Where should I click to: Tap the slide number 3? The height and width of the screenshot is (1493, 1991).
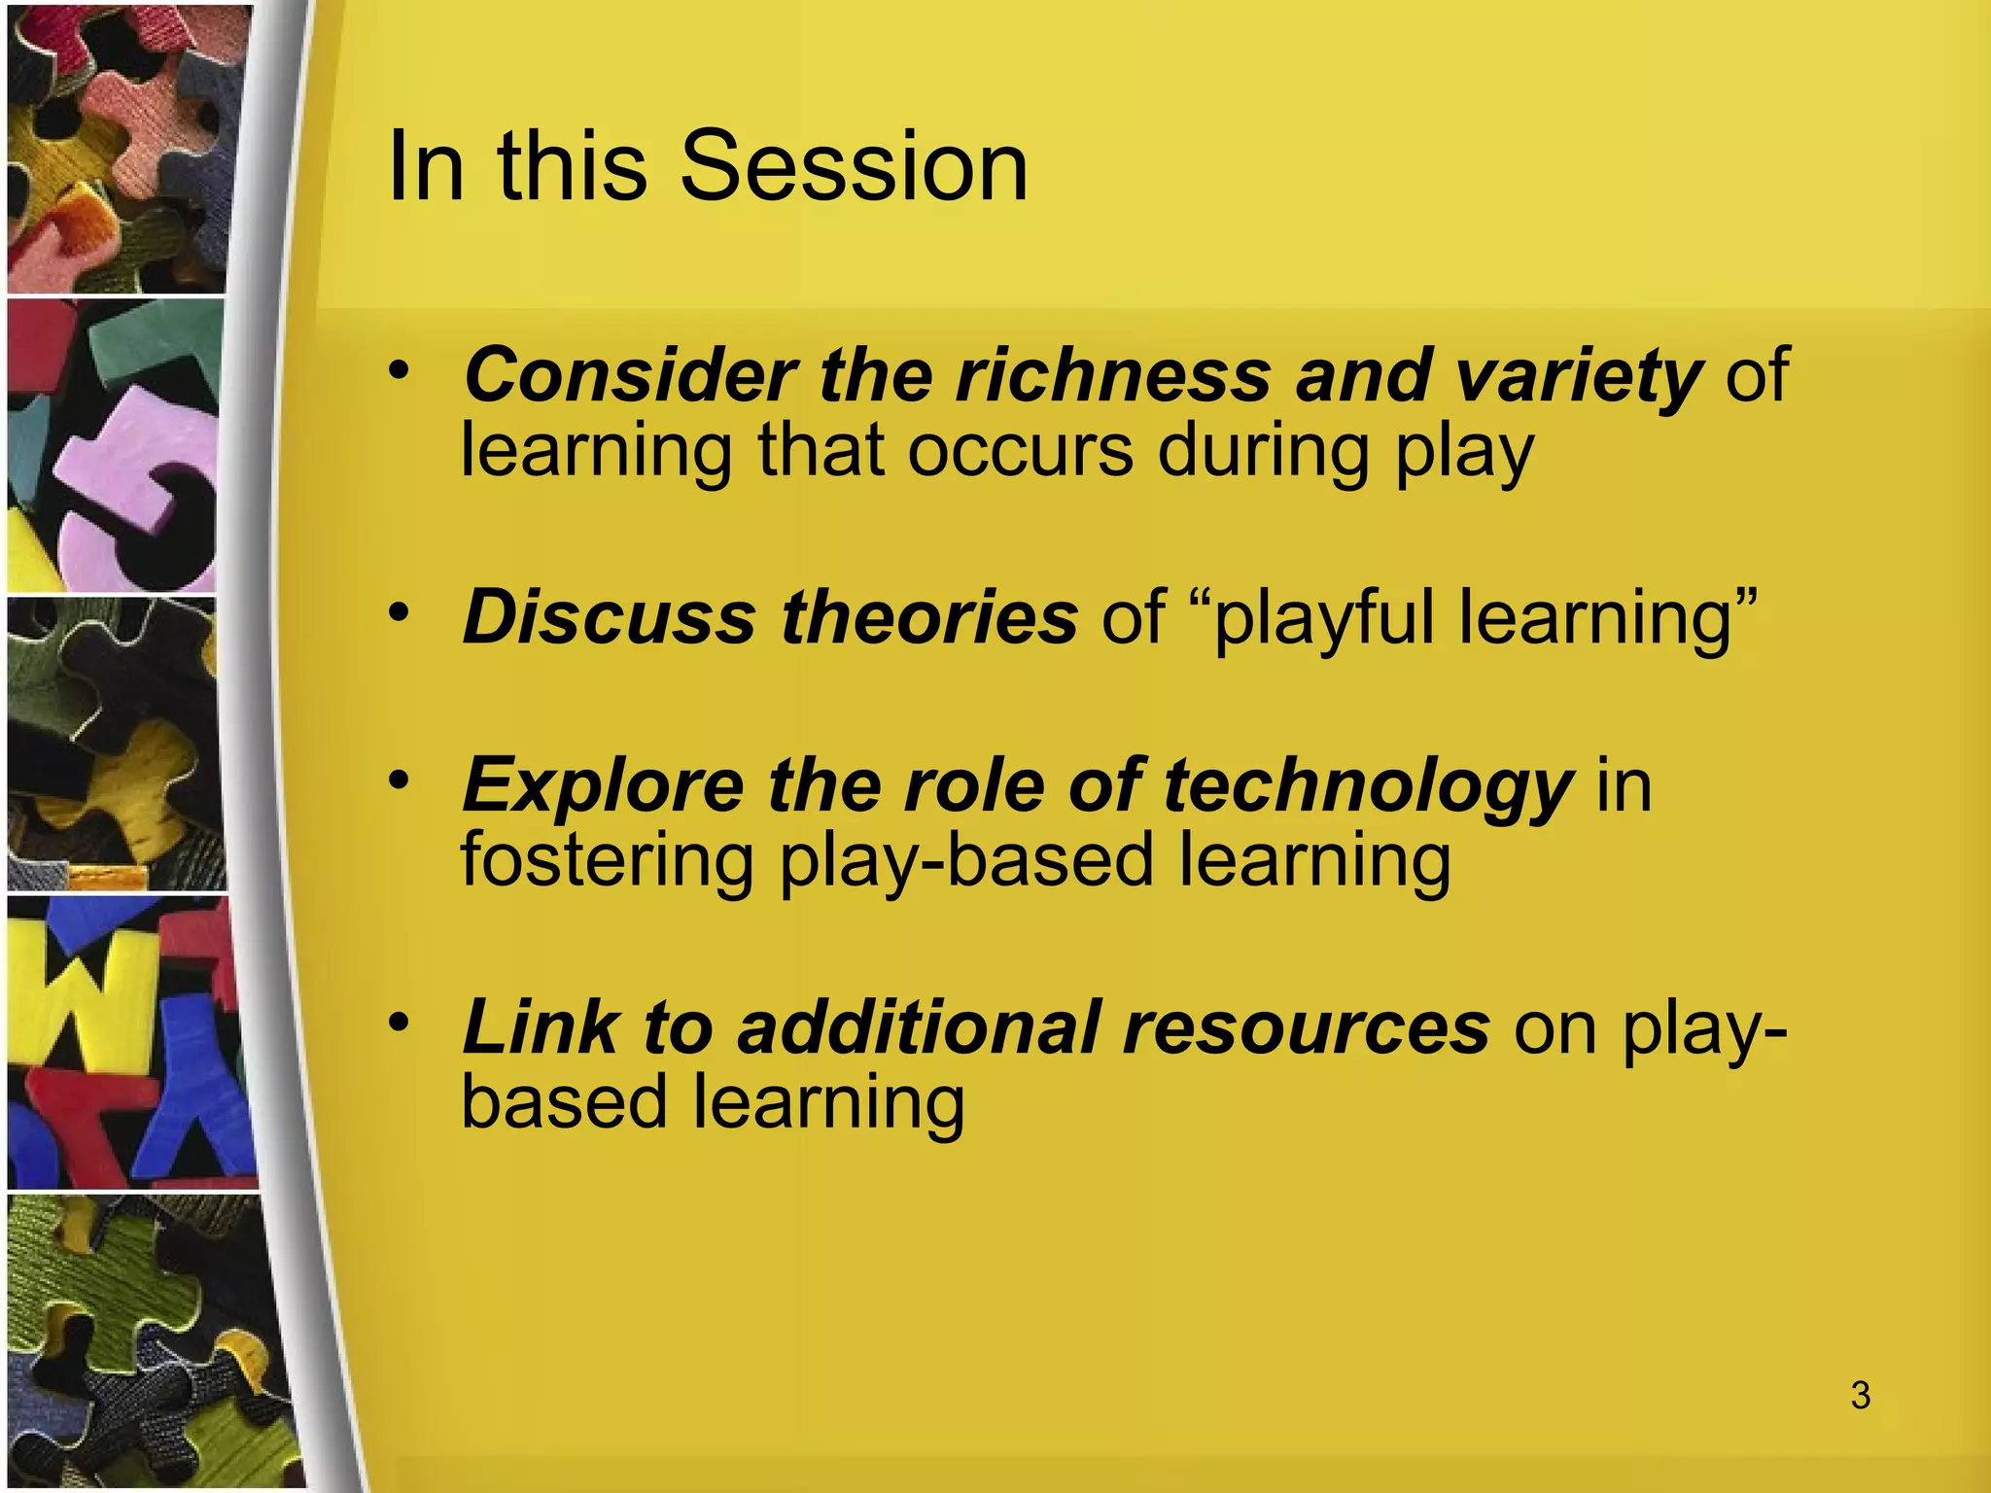[x=1860, y=1395]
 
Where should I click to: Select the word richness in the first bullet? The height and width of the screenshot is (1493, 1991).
[x=1113, y=375]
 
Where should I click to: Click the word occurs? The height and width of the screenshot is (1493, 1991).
[x=1020, y=451]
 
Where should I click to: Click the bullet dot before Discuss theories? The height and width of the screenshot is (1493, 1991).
[x=399, y=613]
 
